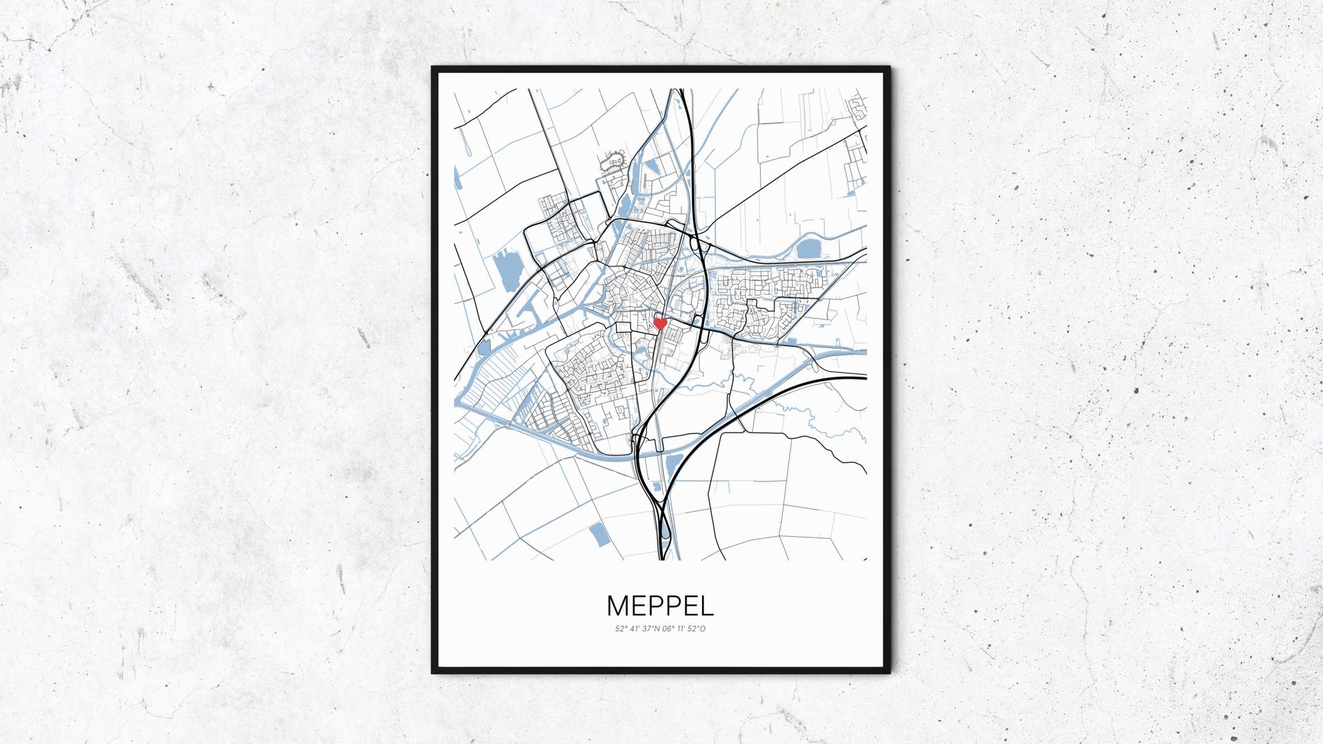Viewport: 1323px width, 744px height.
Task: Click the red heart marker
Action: click(660, 323)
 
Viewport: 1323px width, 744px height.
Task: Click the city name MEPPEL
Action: click(660, 606)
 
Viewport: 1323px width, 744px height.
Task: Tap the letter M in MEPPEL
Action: click(617, 606)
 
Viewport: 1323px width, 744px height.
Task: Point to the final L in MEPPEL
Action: click(708, 606)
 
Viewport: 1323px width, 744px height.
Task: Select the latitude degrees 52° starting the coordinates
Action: click(621, 628)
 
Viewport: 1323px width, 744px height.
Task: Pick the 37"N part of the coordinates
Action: click(652, 628)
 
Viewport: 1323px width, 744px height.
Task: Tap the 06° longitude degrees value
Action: click(668, 628)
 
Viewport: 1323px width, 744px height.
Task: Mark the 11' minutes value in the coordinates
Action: click(682, 628)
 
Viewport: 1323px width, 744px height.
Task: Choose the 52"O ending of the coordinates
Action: click(697, 628)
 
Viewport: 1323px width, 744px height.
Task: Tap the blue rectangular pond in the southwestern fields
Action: click(597, 534)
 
